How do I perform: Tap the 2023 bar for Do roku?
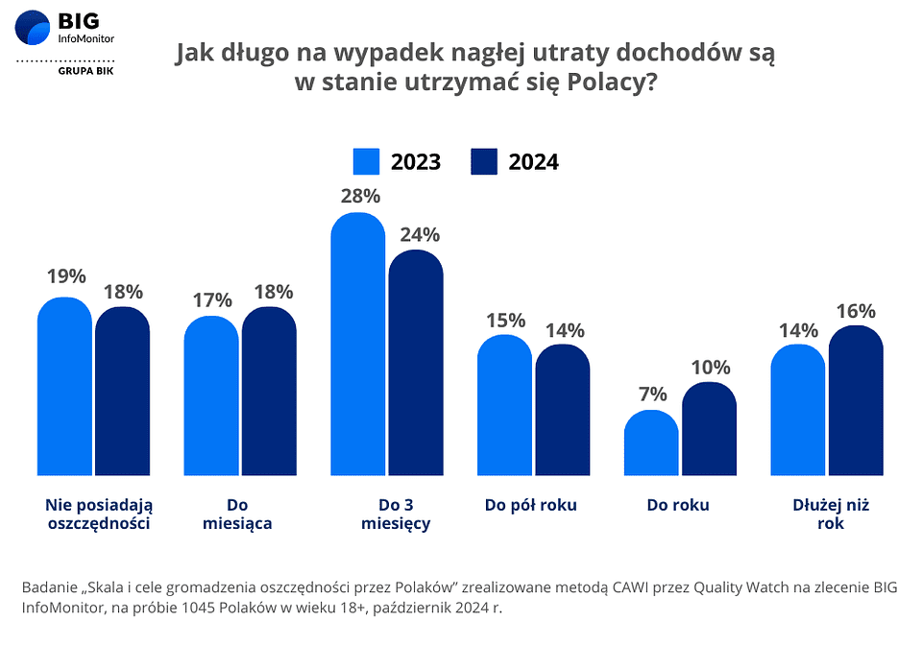(651, 442)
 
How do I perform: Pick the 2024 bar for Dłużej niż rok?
(856, 400)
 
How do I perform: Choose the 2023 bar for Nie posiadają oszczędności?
(64, 386)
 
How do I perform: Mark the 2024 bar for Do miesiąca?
(269, 391)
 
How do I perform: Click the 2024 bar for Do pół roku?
(562, 410)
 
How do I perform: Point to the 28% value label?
(358, 196)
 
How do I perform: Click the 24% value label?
(416, 234)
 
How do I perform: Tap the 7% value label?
(651, 394)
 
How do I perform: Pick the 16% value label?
(856, 310)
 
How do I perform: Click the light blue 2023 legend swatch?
(367, 161)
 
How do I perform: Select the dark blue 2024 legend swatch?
(484, 161)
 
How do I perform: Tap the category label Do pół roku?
(530, 505)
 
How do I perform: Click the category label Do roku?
(678, 505)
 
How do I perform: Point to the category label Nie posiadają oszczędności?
(99, 514)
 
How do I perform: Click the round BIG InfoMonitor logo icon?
(33, 27)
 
